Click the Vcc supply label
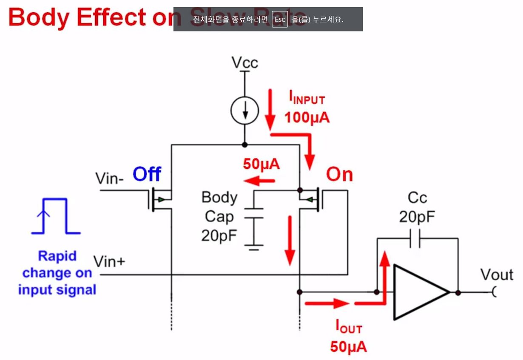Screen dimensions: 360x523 pos(244,63)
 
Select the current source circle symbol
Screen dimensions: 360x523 pos(244,111)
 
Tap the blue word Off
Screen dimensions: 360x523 pos(147,175)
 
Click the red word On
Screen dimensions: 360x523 pos(339,175)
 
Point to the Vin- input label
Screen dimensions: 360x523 pos(110,178)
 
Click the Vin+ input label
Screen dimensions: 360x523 pos(109,261)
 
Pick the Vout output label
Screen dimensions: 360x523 pos(497,275)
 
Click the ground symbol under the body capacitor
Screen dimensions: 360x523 pos(254,247)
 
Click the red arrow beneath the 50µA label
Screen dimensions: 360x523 pos(259,182)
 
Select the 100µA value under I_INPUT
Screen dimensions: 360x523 pos(307,118)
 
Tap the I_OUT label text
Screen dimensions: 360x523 pos(348,328)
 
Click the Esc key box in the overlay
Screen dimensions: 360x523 pos(280,20)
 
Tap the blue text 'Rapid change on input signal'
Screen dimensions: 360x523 pos(57,273)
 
